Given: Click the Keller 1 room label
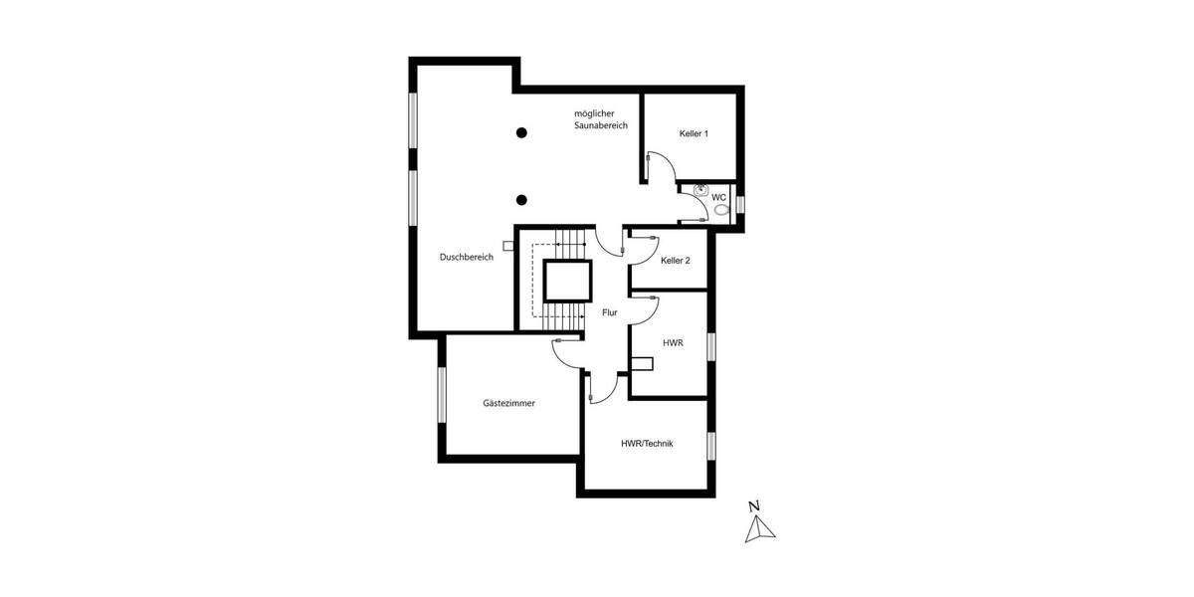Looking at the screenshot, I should coord(694,133).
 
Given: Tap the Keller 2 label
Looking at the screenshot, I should coord(675,260).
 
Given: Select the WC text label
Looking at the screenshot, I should coord(718,197).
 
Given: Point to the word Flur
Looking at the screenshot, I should coord(610,312).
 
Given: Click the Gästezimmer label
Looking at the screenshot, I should coord(509,404).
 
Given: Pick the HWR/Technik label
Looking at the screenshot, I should coord(647,444).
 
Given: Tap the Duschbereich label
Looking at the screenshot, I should coord(467,257).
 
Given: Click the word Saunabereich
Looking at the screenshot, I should coord(601,126).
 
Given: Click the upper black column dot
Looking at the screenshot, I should coord(521,132).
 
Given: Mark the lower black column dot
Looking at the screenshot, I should coord(521,199).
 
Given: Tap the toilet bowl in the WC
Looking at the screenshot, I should coord(721,211).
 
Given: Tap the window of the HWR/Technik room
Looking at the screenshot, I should coord(711,446).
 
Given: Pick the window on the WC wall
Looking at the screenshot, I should coord(740,206).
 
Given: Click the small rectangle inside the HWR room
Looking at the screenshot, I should coord(643,364).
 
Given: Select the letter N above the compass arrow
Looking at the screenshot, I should coord(755,506).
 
